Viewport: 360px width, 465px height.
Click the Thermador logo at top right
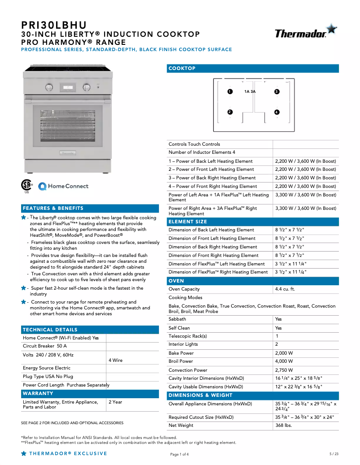pyautogui.click(x=305, y=32)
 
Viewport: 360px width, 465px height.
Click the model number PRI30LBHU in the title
pyautogui.click(x=54, y=25)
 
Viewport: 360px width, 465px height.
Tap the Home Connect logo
pyautogui.click(x=63, y=186)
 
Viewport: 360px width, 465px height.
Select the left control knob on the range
pyautogui.click(x=48, y=87)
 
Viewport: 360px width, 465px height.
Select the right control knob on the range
pyautogui.click(x=86, y=87)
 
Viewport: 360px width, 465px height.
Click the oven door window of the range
pyautogui.click(x=67, y=125)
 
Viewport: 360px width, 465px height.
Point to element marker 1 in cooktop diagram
pyautogui.click(x=230, y=91)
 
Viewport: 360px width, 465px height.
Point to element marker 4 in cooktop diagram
pyautogui.click(x=277, y=112)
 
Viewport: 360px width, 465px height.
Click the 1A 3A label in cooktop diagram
pyautogui.click(x=250, y=91)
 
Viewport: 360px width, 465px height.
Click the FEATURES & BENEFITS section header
pyautogui.click(x=53, y=209)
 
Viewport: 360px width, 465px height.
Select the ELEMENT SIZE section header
pyautogui.click(x=188, y=222)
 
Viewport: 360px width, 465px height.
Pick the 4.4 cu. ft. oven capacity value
pyautogui.click(x=285, y=289)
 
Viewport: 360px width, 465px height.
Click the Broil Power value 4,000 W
pyautogui.click(x=284, y=361)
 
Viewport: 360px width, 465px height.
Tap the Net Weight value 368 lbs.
pyautogui.click(x=284, y=426)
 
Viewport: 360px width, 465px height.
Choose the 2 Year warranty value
pyautogui.click(x=115, y=402)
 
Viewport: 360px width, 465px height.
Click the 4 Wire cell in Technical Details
pyautogui.click(x=115, y=361)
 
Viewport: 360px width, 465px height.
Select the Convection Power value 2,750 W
pyautogui.click(x=284, y=370)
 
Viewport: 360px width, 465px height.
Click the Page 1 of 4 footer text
pyautogui.click(x=180, y=454)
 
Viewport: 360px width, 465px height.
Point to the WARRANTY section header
pyautogui.click(x=38, y=394)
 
